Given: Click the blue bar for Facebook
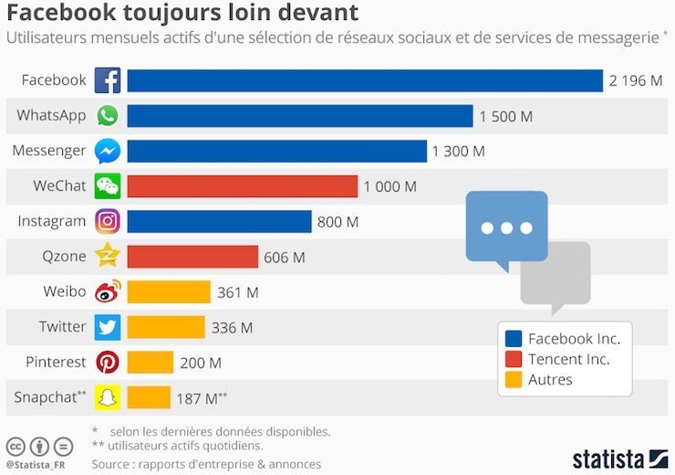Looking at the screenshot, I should (365, 81).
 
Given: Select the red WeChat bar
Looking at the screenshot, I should (242, 186).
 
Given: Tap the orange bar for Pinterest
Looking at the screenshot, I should (150, 363).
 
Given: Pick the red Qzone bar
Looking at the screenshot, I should (192, 257).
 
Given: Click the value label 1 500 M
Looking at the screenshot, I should (507, 117).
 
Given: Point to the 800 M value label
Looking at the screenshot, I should (337, 222).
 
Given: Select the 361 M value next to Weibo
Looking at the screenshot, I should (238, 292).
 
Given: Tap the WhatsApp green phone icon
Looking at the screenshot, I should (108, 116).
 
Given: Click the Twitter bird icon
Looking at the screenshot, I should (108, 327).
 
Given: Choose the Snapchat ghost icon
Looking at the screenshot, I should (108, 397).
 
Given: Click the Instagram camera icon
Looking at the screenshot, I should (108, 221).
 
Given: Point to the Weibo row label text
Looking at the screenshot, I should (64, 291).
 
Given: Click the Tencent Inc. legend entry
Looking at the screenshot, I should (568, 359).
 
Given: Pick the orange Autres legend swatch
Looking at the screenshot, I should (513, 379).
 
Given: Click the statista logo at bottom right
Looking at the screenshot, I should (620, 458).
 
